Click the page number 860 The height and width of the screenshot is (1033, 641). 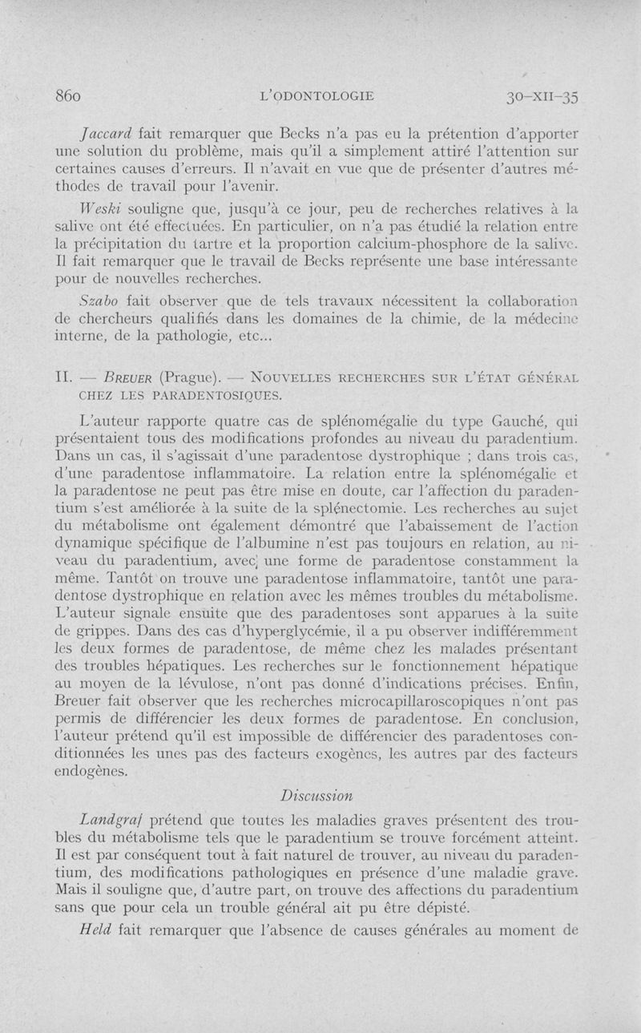(x=67, y=96)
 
